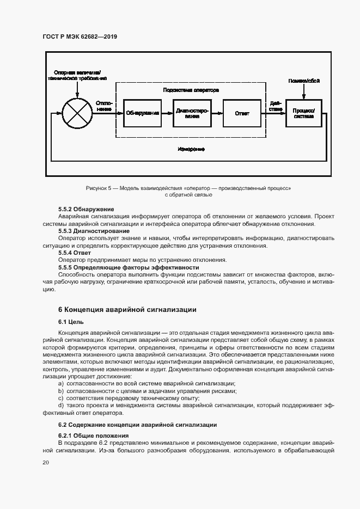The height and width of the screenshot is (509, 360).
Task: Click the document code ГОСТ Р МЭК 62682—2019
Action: click(80, 36)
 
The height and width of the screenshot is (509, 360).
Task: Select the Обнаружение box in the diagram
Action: click(142, 113)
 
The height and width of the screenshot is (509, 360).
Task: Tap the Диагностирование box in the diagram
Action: click(192, 113)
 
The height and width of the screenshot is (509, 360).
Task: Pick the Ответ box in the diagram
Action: click(242, 113)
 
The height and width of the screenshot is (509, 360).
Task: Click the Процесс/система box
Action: click(303, 113)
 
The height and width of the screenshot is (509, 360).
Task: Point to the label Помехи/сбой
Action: click(303, 81)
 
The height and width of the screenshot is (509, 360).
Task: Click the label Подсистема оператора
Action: click(191, 90)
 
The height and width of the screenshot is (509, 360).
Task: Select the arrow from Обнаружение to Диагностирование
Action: click(167, 113)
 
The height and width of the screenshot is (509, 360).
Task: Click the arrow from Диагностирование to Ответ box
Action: click(217, 113)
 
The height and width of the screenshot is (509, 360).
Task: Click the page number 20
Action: click(45, 462)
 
